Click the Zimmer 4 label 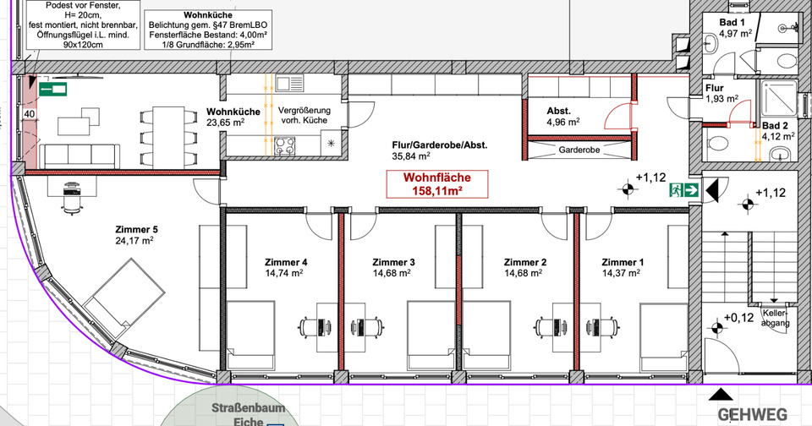click(286, 267)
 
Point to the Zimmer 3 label click(392, 267)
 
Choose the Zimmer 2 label click(524, 267)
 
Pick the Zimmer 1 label click(623, 267)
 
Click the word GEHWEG click(753, 415)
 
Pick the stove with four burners click(285, 145)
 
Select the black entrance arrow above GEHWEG click(721, 394)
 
